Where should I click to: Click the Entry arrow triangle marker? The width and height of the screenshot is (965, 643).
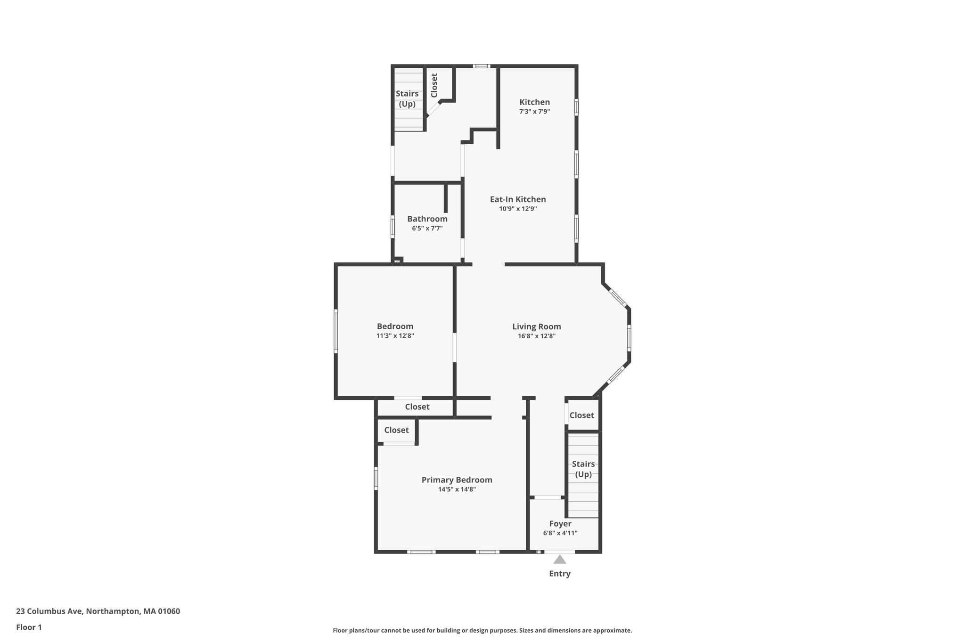(560, 559)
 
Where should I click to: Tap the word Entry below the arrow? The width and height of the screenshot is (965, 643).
(560, 574)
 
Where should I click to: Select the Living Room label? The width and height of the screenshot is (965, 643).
(537, 326)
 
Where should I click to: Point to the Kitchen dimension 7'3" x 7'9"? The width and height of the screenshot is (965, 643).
(535, 112)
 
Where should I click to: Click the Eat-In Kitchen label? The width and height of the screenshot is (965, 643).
(518, 199)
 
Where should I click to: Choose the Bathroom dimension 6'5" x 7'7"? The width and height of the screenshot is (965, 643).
(427, 228)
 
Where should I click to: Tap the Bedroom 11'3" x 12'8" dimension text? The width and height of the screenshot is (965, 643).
(395, 336)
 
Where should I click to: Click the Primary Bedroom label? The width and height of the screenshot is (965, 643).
(457, 480)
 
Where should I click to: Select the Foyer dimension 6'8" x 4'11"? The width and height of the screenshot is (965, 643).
(560, 533)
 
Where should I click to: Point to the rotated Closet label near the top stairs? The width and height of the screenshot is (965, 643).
(434, 85)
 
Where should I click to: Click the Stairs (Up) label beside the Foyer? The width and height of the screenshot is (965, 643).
(583, 469)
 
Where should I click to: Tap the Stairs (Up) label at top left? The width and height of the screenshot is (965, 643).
(407, 99)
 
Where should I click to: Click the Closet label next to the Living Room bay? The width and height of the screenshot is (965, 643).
(582, 415)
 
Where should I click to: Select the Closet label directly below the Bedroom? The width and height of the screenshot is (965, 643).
(417, 407)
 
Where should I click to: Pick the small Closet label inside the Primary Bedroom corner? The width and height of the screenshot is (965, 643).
(396, 430)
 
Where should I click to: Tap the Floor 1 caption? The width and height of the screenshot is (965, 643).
(29, 627)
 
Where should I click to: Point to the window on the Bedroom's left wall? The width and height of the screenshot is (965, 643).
(336, 331)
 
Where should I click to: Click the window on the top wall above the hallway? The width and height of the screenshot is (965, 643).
(482, 66)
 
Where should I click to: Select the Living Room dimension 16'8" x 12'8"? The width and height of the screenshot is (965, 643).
(537, 336)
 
